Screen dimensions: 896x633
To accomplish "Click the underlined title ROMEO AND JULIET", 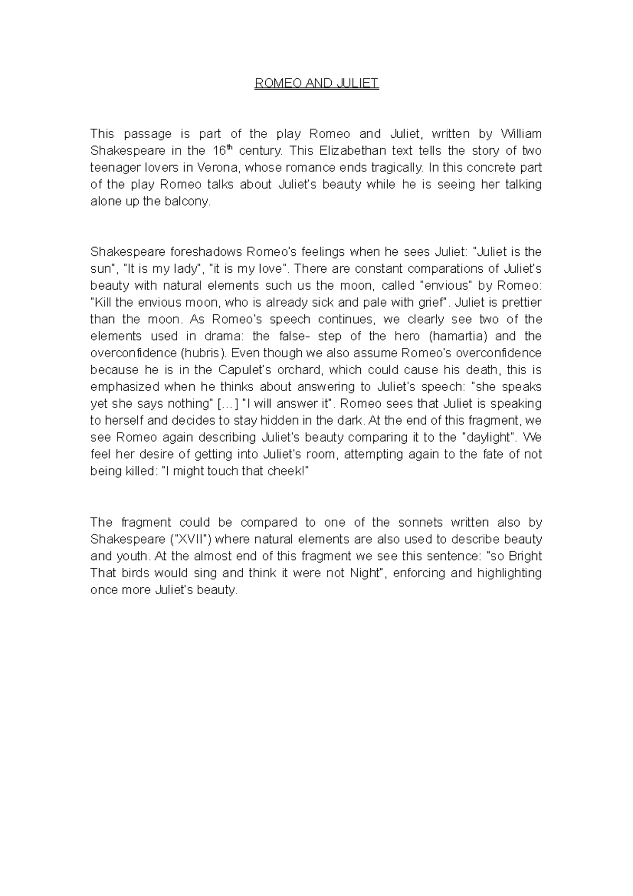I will tap(316, 84).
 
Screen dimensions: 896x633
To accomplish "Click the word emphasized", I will tap(124, 387).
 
